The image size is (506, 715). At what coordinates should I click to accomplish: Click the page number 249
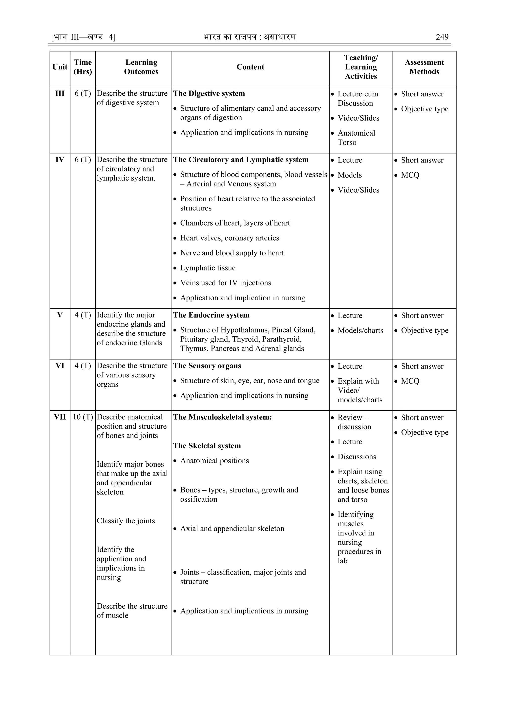click(x=442, y=37)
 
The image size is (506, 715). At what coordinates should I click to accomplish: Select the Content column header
click(x=250, y=67)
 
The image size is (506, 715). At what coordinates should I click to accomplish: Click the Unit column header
click(x=60, y=67)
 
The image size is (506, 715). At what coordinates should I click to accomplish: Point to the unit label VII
click(x=60, y=417)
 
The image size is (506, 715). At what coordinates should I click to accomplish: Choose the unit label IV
click(x=60, y=160)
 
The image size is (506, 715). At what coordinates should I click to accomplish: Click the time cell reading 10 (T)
click(x=83, y=417)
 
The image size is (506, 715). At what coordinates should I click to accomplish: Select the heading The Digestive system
click(x=209, y=93)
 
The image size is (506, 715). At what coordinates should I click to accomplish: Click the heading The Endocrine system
click(x=211, y=315)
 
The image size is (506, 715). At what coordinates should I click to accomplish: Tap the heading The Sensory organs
click(x=207, y=366)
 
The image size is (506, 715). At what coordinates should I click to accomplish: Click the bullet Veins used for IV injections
click(x=226, y=283)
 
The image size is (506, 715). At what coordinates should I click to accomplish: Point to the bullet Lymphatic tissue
click(x=208, y=268)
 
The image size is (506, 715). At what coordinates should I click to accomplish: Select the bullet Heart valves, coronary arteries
click(x=230, y=238)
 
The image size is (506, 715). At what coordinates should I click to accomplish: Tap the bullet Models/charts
click(x=360, y=330)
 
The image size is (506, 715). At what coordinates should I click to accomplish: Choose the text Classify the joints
click(x=126, y=521)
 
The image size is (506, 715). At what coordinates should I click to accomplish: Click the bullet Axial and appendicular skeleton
click(x=232, y=529)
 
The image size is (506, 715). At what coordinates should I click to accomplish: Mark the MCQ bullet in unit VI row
click(x=410, y=381)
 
